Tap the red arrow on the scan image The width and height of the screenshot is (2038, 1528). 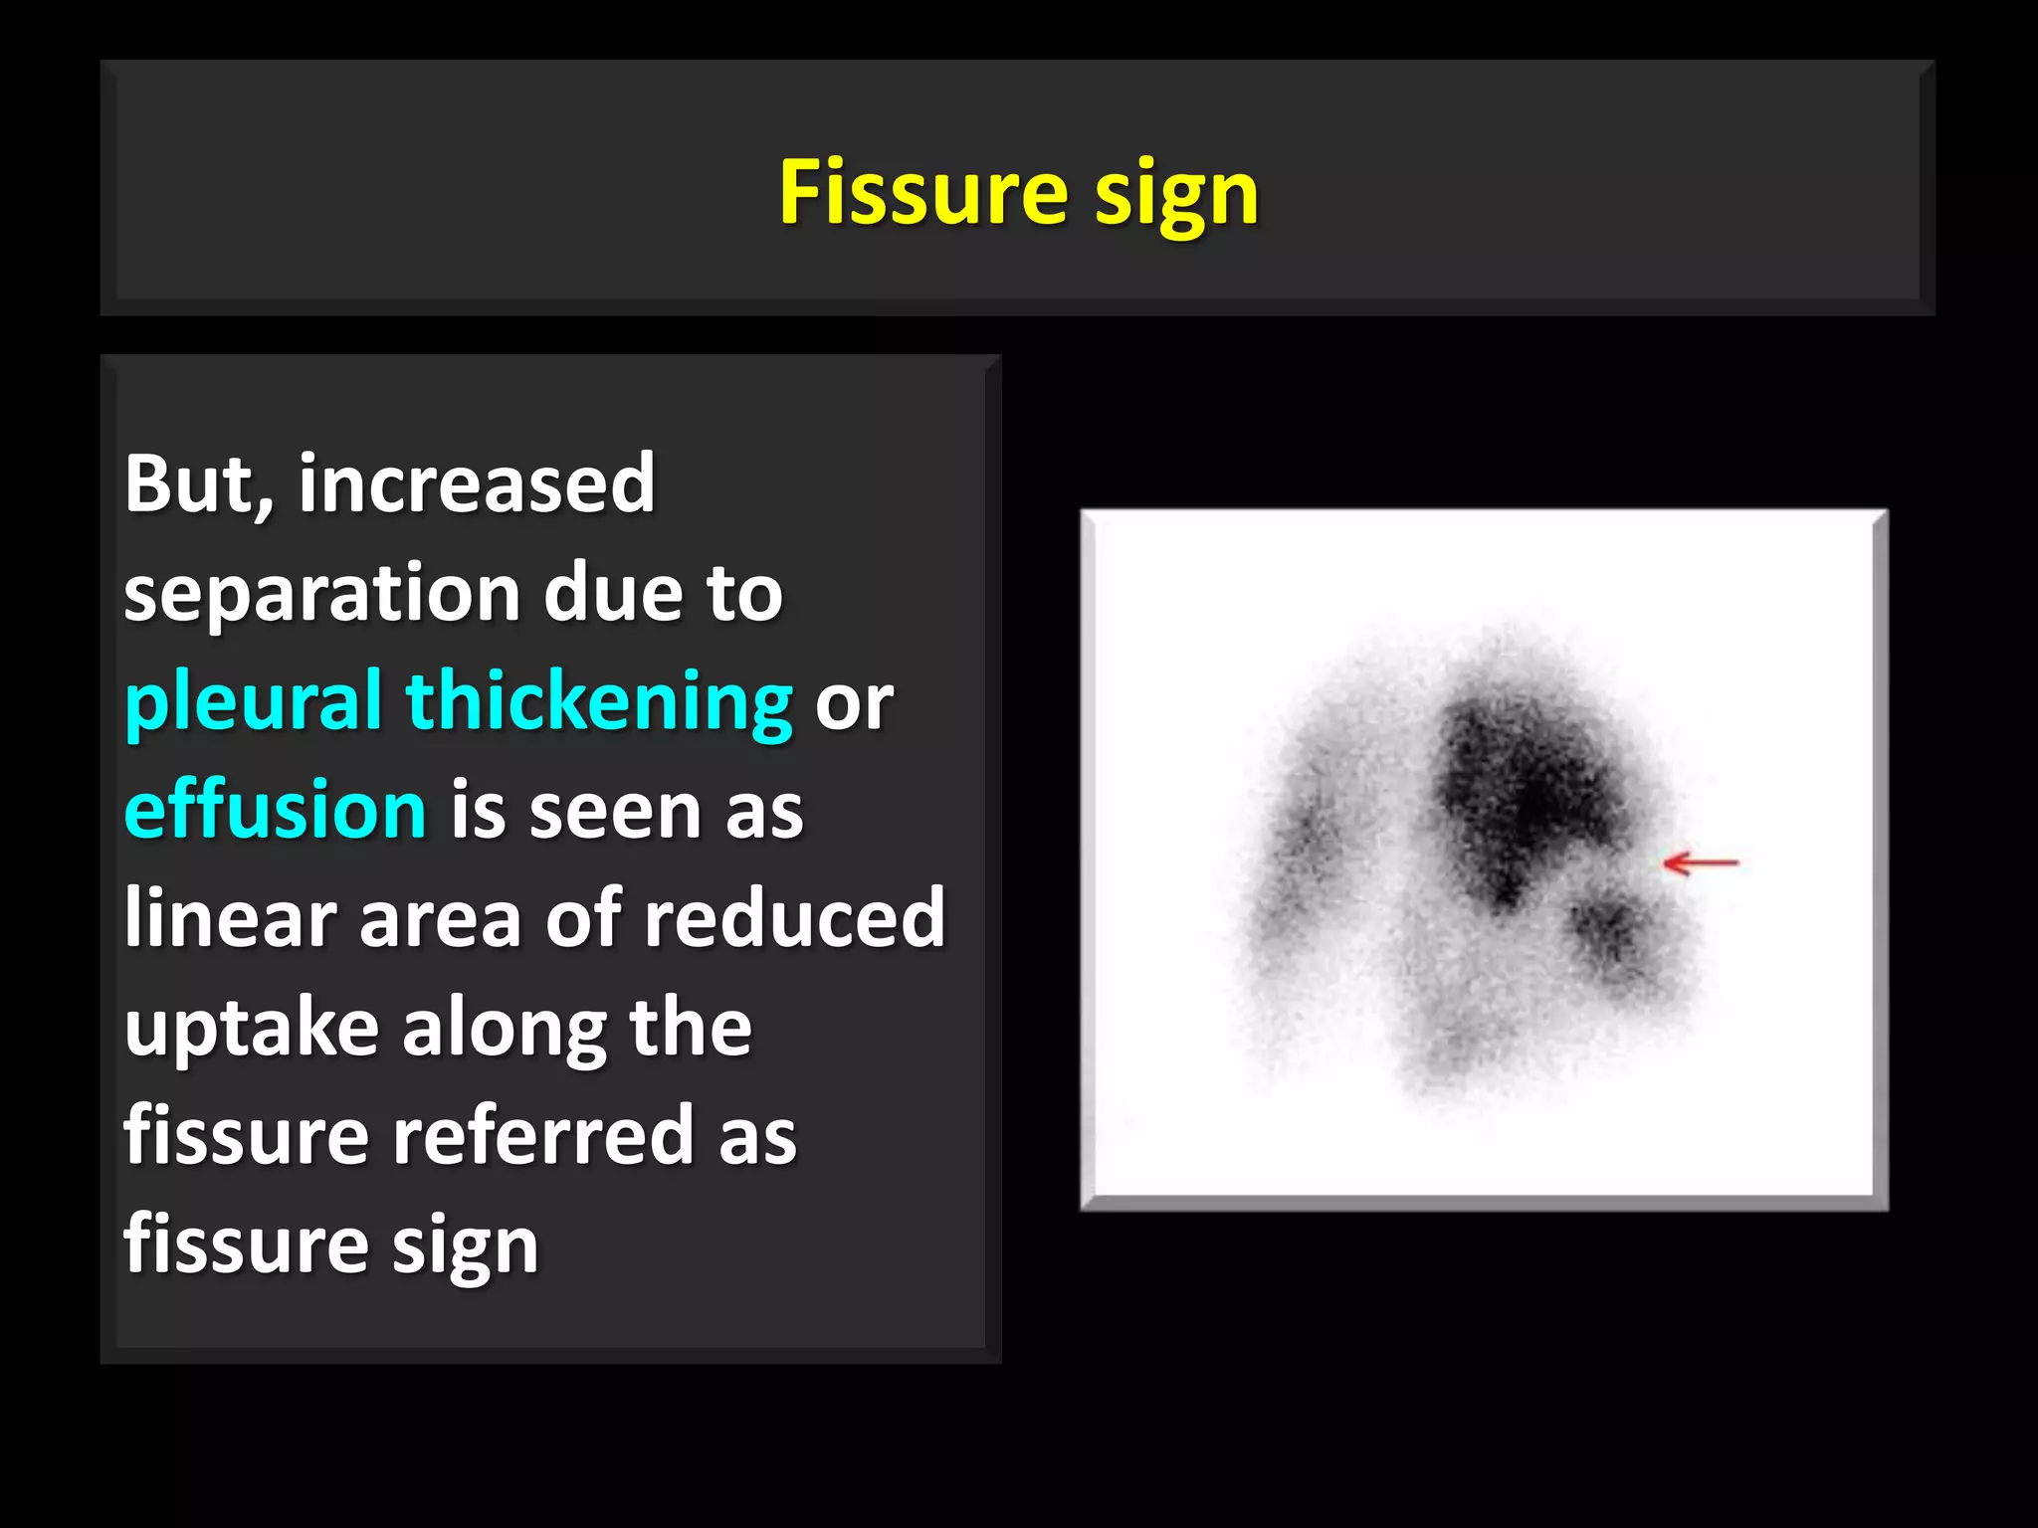coord(1701,862)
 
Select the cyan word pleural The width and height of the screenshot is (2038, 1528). coord(254,702)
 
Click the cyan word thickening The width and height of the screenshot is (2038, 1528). coord(599,702)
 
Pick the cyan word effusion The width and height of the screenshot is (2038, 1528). coord(276,810)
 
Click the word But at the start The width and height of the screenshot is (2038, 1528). coord(197,485)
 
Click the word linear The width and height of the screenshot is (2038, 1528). coord(230,917)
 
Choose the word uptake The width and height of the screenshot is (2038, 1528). coord(251,1029)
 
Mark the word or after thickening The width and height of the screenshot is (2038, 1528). coord(853,704)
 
